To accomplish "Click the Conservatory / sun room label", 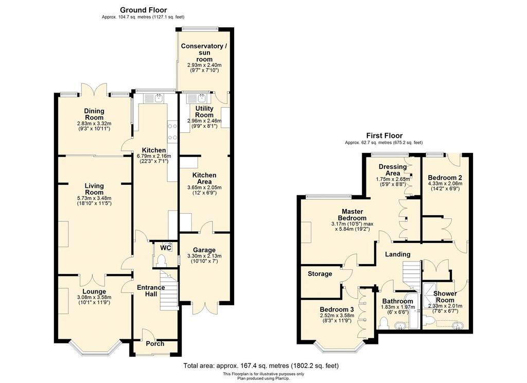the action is point(204,53).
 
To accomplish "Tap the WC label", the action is point(166,248).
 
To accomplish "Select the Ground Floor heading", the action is point(143,10).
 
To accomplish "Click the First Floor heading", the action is point(384,136).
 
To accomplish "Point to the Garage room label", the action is point(204,250).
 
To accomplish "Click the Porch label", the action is point(155,344).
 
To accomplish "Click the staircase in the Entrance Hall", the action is point(169,289).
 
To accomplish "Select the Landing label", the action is point(398,254).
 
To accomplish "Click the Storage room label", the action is point(320,274).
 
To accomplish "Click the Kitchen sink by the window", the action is point(153,98).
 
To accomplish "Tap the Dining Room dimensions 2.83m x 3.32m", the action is point(94,124).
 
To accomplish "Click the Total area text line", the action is point(261,365).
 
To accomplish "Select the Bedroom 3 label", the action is point(337,309).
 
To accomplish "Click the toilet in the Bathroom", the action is point(383,323).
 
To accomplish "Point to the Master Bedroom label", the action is point(352,215).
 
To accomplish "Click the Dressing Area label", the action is point(393,170).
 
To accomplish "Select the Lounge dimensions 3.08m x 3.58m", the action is point(94,298).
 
